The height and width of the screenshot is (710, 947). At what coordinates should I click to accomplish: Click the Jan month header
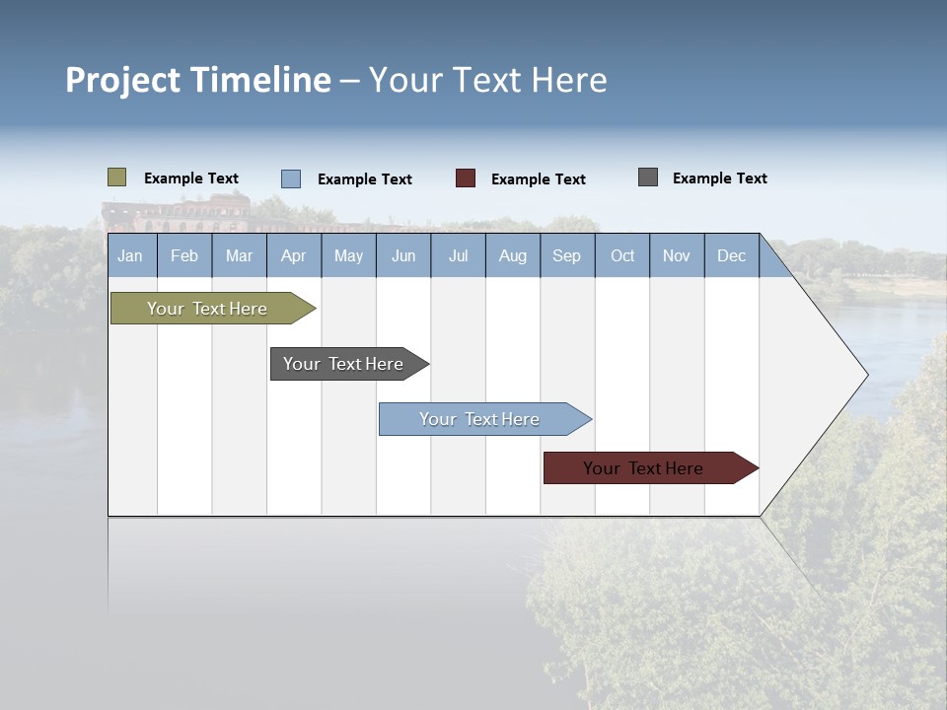pos(131,255)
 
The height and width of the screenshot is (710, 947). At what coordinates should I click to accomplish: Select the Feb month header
pos(184,255)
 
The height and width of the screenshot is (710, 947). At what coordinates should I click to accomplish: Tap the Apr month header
pos(294,255)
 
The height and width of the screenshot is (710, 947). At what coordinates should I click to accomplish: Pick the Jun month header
pos(403,255)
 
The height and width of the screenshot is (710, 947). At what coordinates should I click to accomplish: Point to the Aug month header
pos(513,255)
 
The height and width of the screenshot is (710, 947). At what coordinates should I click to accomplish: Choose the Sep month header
pos(567,255)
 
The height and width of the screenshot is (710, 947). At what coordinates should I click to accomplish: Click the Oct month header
pos(622,255)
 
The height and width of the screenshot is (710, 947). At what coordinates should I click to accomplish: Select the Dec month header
pos(732,255)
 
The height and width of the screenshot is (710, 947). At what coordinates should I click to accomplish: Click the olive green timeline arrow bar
pos(208,309)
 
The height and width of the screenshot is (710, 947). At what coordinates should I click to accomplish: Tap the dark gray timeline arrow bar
pos(344,364)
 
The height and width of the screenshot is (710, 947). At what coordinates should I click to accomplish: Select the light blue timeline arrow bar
pos(480,419)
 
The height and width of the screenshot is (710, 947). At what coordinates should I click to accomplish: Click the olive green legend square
pos(117,177)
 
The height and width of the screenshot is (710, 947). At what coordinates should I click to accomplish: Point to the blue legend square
pos(291,178)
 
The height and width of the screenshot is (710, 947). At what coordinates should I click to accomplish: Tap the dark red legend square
pos(466,177)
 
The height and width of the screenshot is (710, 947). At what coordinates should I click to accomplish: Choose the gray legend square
pos(648,177)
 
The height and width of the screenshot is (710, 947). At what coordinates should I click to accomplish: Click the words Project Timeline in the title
pos(198,80)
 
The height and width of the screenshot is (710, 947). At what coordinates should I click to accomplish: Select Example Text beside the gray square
pos(720,178)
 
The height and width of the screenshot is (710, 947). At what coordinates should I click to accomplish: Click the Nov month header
pos(677,255)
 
